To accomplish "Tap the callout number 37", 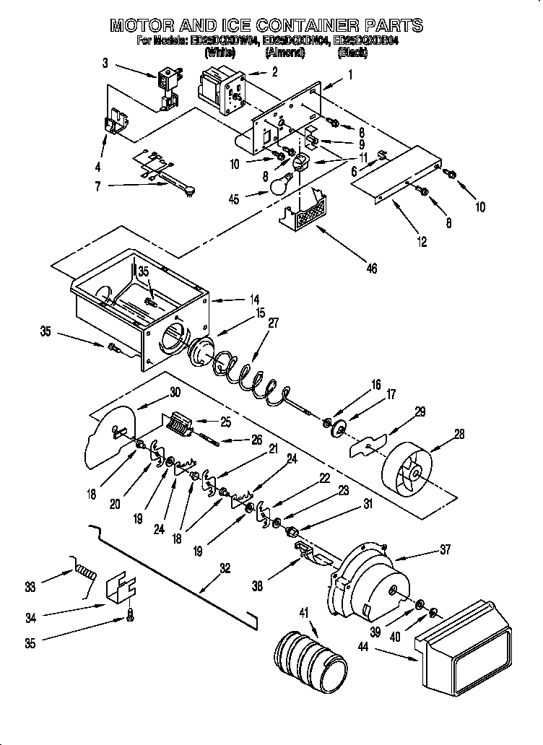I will point(445,549).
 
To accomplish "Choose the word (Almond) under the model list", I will point(285,53).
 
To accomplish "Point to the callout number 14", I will point(255,299).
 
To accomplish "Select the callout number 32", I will point(226,568).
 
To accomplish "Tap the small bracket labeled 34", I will point(118,591).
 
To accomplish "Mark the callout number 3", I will point(106,64).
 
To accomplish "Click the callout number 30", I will point(175,392).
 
